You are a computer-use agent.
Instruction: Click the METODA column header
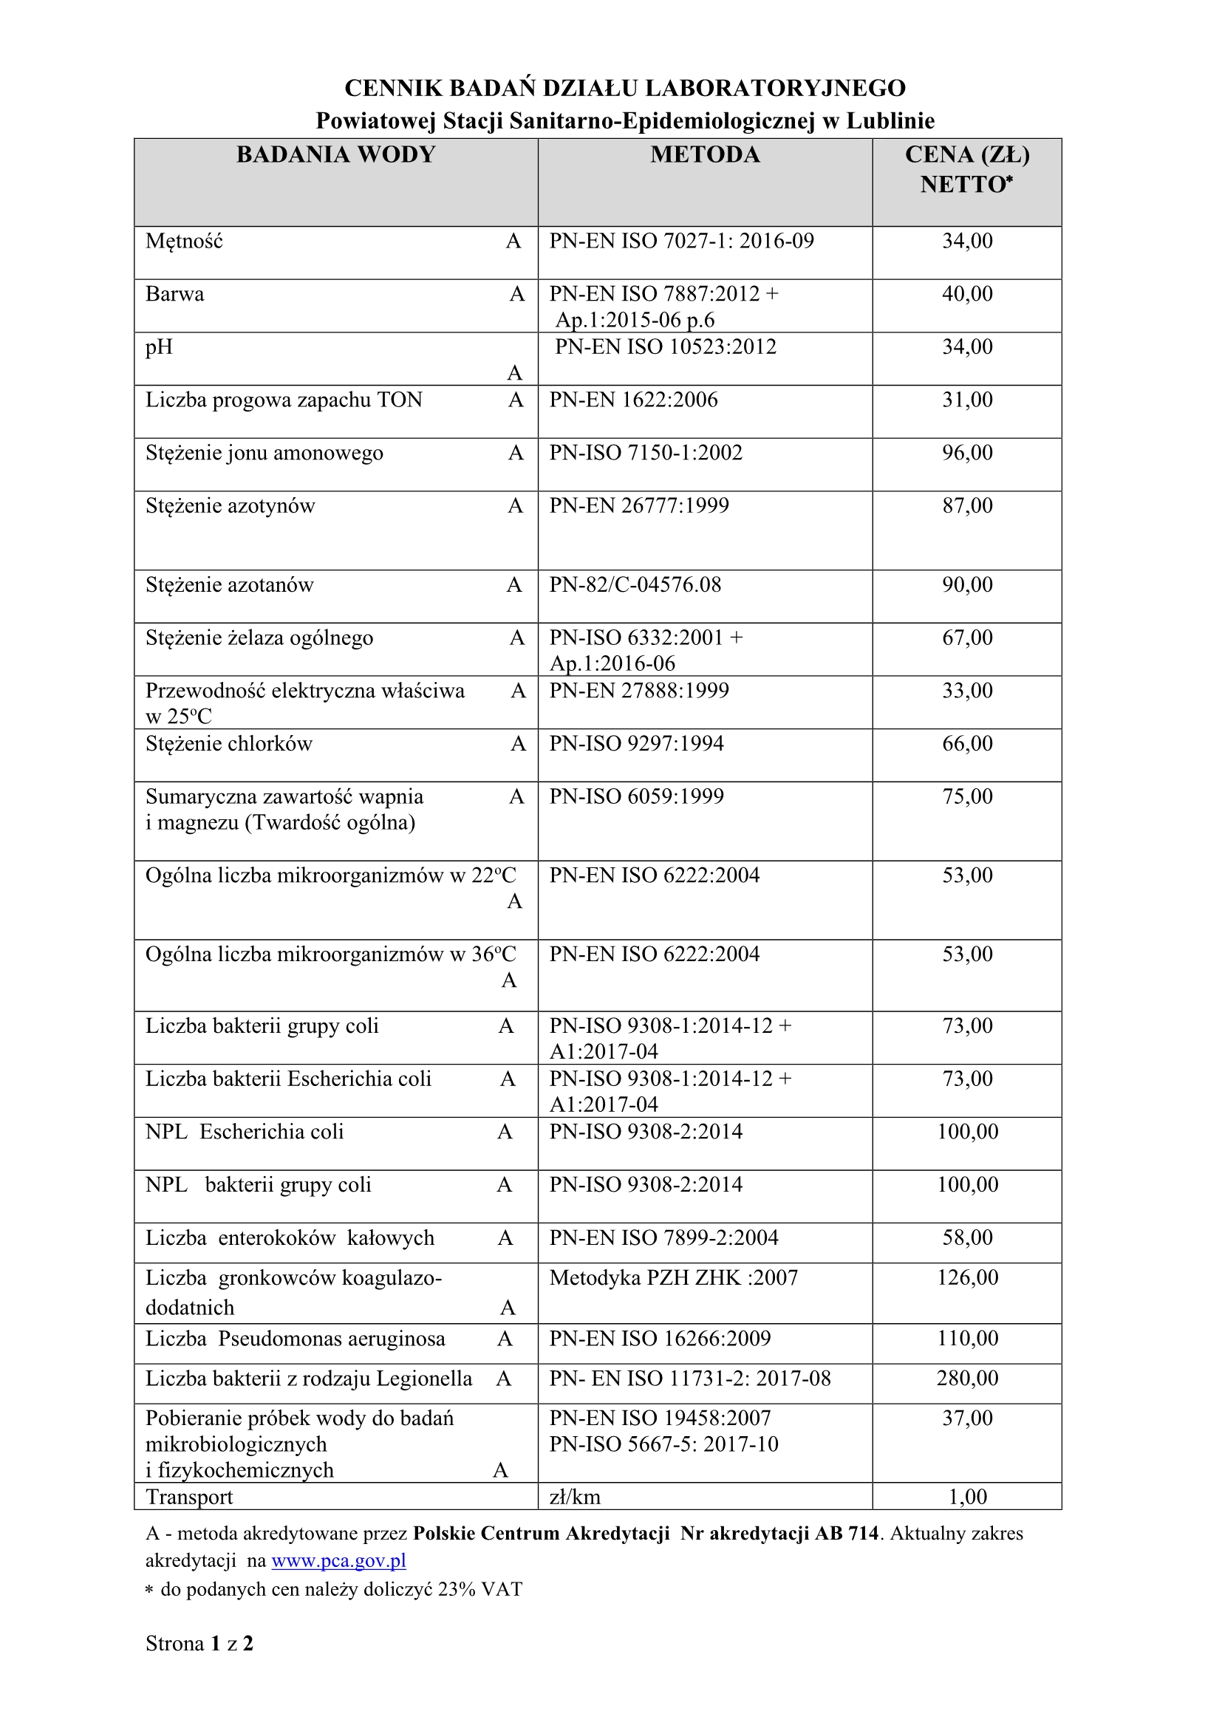point(705,155)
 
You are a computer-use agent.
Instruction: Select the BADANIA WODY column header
point(335,155)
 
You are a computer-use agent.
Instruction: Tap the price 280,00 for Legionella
point(967,1378)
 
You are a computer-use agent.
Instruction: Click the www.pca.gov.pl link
point(338,1560)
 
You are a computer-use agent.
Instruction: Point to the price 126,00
point(967,1277)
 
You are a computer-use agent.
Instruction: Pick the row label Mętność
point(185,242)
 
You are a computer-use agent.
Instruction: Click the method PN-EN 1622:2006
point(633,400)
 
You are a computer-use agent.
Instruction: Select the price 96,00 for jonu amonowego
point(967,452)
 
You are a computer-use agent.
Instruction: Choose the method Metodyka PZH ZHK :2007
point(674,1277)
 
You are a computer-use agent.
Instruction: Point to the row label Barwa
point(174,293)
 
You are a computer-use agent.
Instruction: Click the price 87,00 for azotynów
point(967,505)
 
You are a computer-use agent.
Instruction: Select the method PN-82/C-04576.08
point(635,585)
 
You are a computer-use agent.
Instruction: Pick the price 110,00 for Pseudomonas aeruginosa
point(967,1338)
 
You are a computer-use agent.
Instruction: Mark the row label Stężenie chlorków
point(229,744)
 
